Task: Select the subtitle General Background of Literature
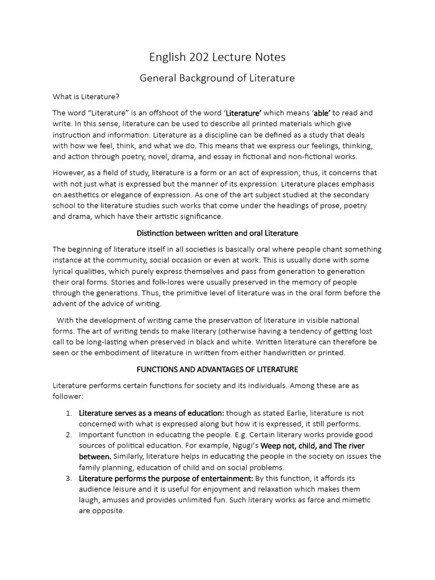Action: [217, 78]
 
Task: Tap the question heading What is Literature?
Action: [86, 96]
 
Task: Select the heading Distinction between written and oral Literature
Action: [217, 233]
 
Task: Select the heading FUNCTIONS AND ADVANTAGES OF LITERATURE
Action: [217, 369]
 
